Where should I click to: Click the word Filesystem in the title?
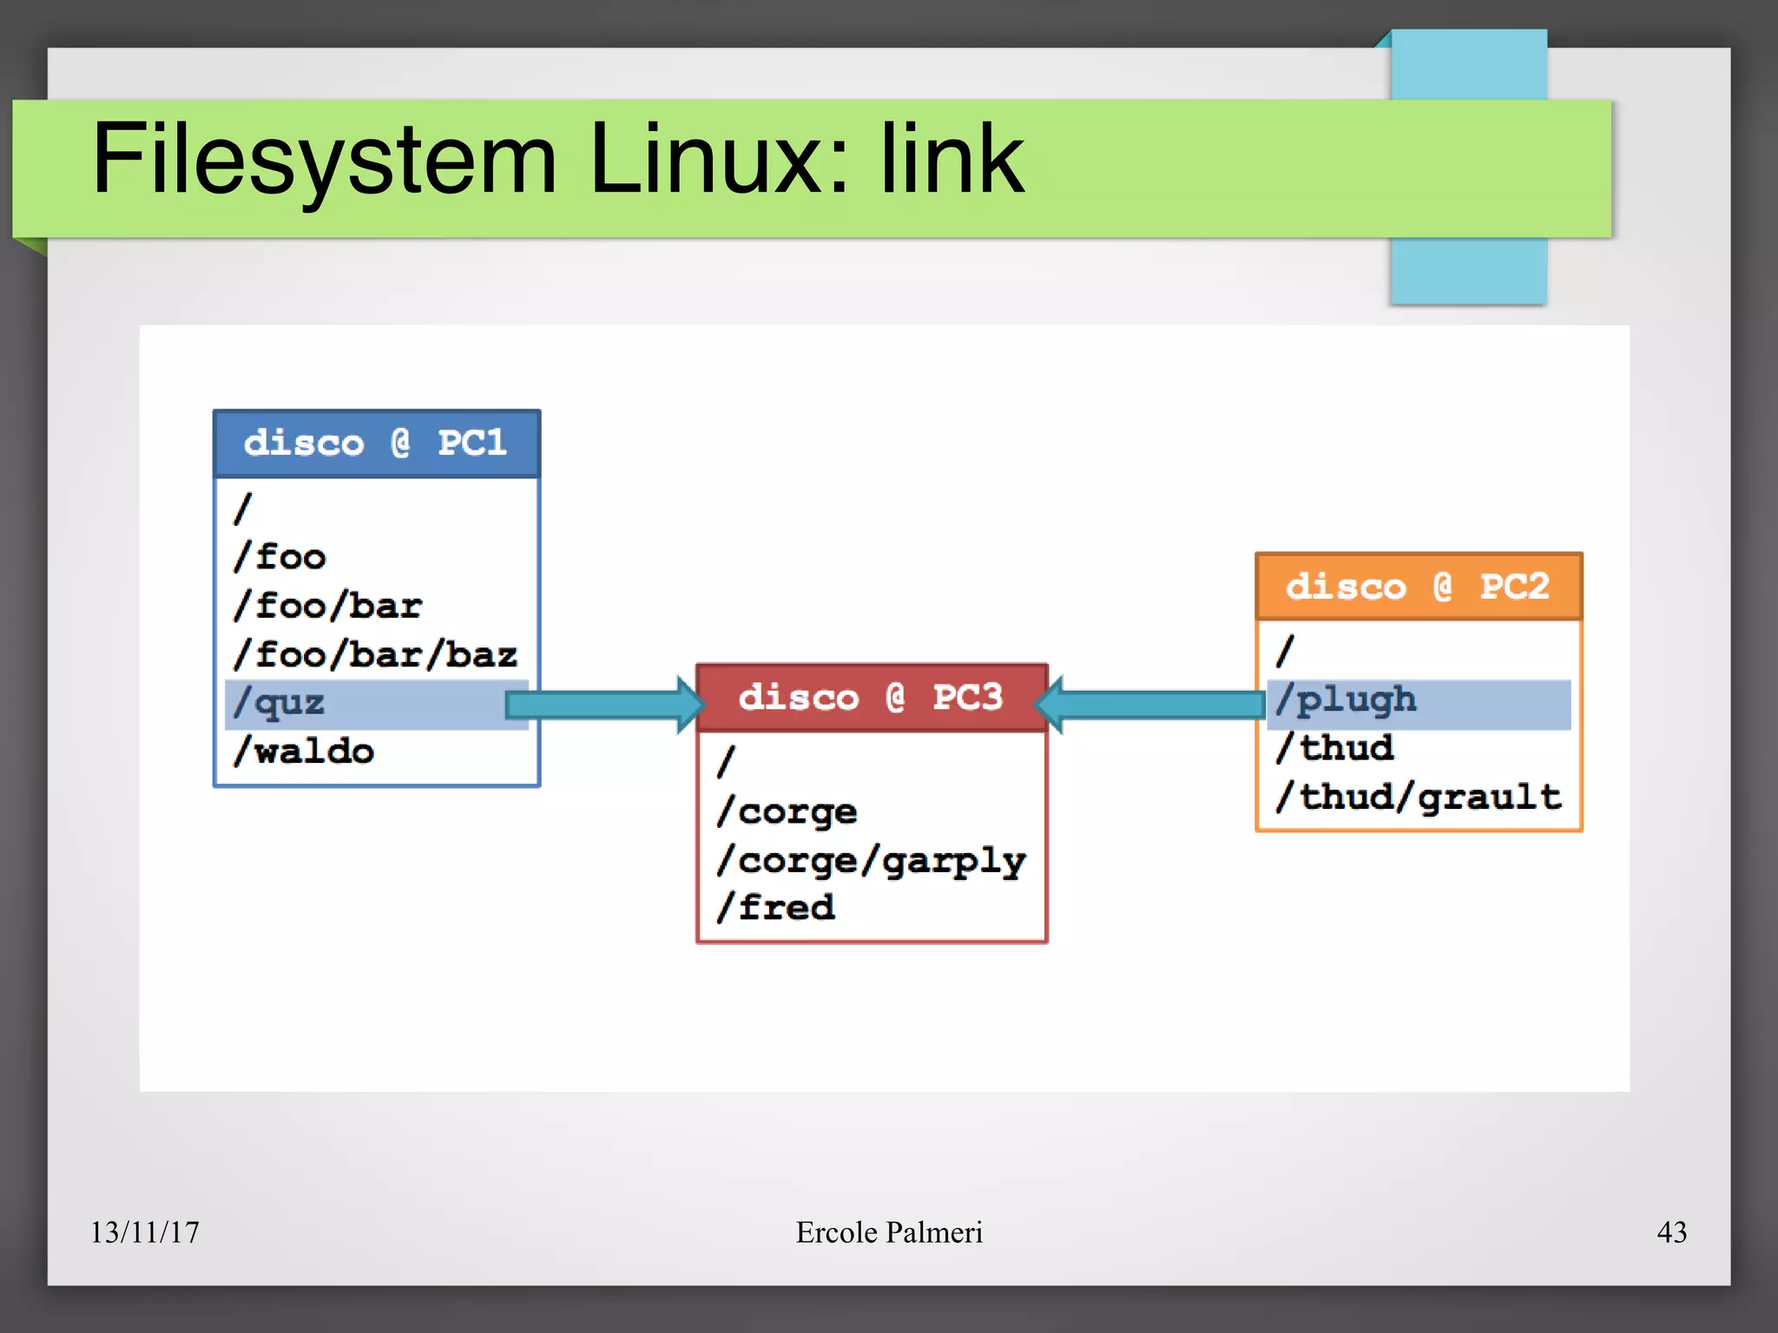324,161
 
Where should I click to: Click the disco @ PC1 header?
376,443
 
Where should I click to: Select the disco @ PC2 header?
1418,587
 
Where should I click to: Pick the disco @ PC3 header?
871,698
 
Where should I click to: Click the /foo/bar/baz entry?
375,655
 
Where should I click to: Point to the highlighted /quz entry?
280,704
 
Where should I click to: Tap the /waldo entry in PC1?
304,752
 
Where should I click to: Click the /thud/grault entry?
1418,798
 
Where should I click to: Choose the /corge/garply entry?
871,861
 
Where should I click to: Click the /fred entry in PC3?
776,908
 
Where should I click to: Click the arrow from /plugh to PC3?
1150,705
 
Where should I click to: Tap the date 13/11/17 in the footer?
145,1232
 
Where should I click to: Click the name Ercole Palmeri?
889,1232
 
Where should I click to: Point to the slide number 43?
1671,1232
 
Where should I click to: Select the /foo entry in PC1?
280,557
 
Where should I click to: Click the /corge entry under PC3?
787,812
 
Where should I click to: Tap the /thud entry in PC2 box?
1334,749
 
